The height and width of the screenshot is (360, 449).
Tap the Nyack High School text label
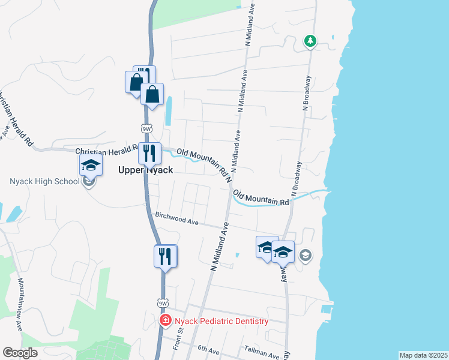coord(44,182)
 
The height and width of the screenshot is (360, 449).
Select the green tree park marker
coord(310,41)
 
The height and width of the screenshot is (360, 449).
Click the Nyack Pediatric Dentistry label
coord(220,322)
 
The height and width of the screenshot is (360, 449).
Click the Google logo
coord(20,353)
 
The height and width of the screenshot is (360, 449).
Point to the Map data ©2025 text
coord(423,355)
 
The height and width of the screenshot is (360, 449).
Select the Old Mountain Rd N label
coord(203,163)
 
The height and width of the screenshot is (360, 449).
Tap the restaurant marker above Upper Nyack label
coord(149,154)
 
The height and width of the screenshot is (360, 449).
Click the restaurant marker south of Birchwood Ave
coord(164,257)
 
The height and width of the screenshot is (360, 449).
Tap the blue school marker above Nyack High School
coord(91,165)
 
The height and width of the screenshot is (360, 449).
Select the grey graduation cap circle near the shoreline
coord(305,256)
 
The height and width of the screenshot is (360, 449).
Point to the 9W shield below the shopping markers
coord(146,128)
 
